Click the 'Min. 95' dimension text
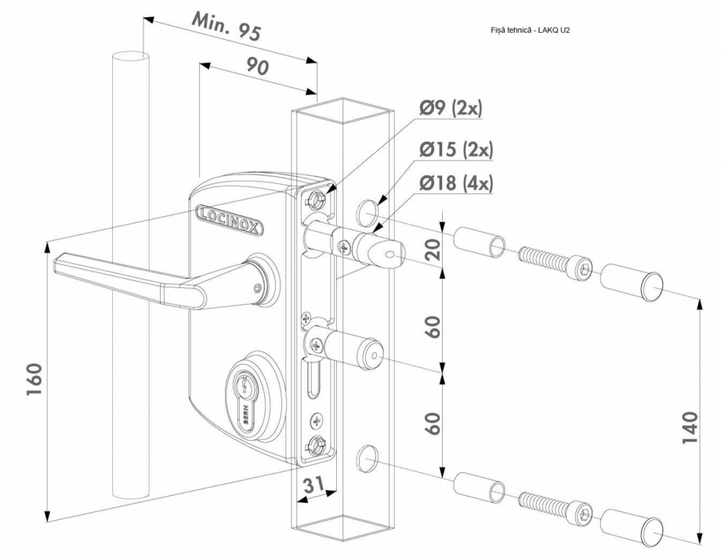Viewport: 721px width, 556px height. (226, 26)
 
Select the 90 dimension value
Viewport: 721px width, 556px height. (257, 66)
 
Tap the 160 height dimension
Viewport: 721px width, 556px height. (34, 380)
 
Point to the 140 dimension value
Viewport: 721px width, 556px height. (690, 428)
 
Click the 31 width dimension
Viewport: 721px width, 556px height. (314, 484)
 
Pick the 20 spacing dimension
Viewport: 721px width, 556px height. (433, 248)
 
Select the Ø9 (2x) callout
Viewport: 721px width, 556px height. (450, 109)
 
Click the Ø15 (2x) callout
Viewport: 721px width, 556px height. (455, 150)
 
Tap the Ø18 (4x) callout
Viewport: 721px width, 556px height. (455, 183)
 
